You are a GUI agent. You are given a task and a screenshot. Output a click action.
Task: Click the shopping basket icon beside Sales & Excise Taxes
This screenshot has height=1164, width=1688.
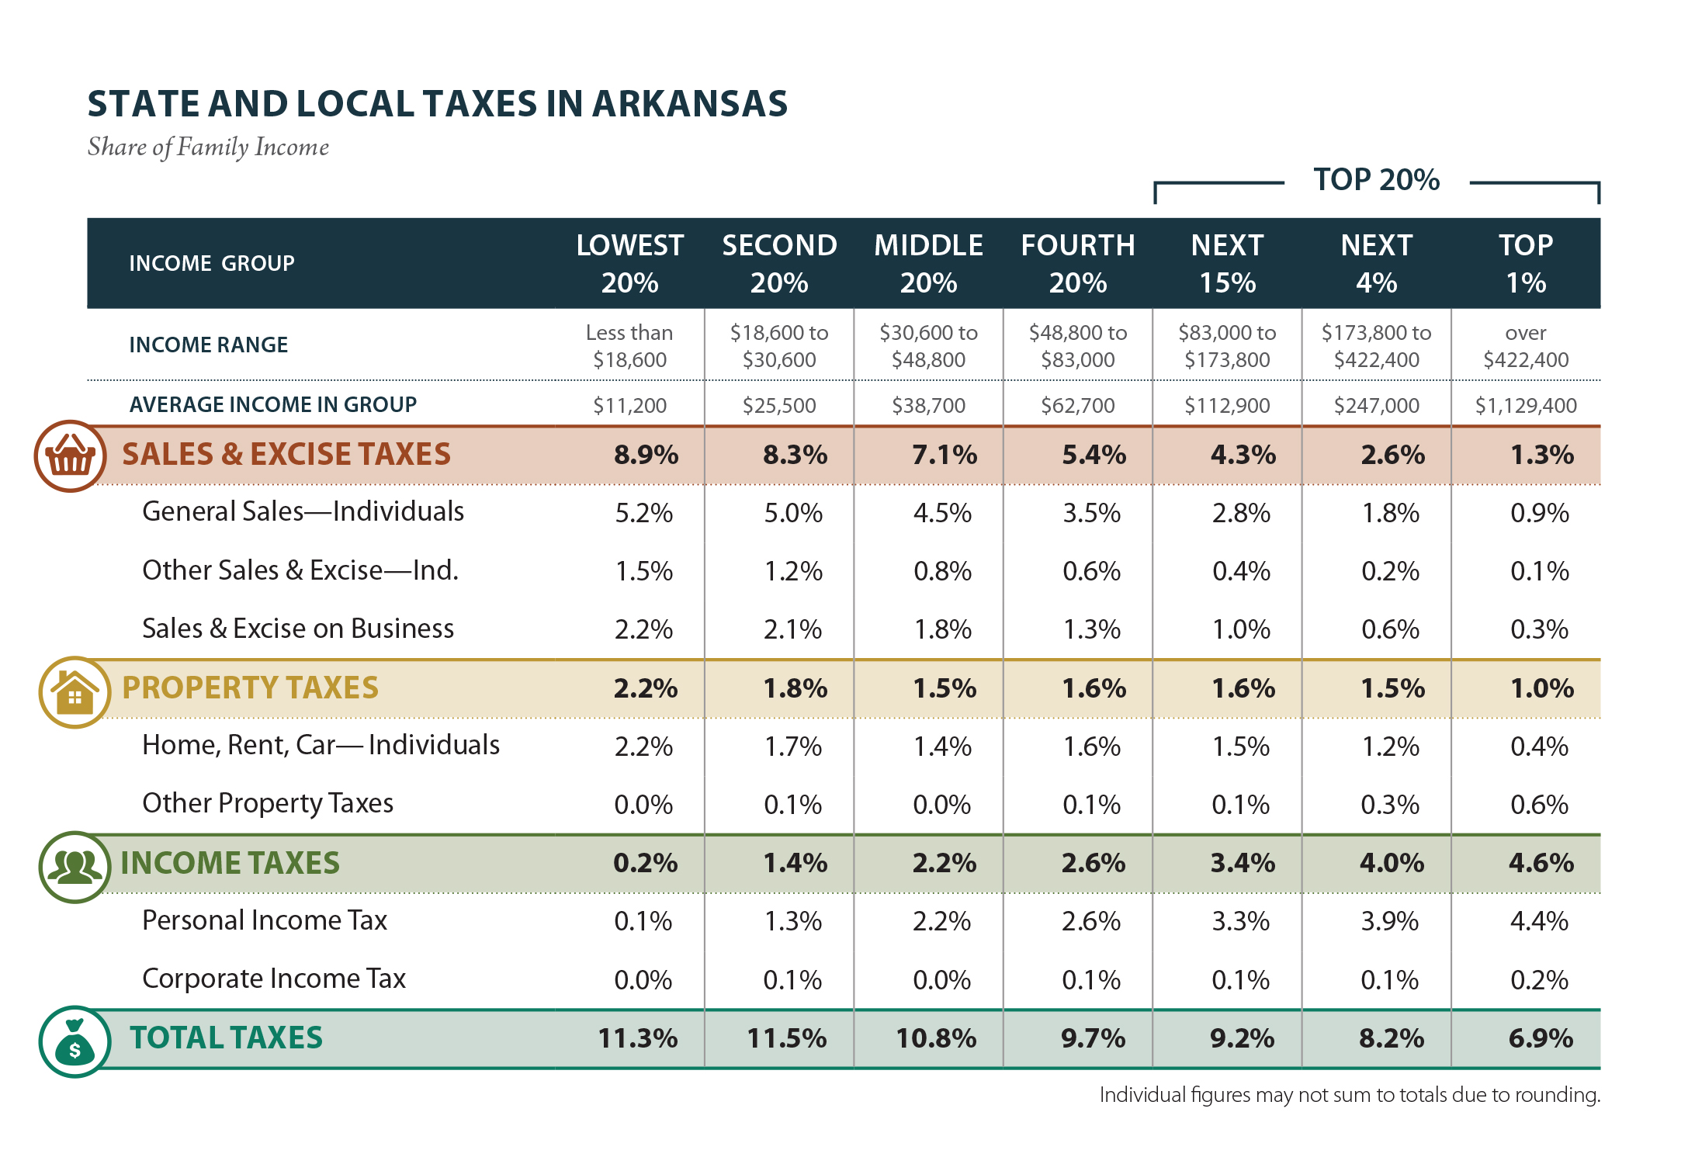coord(70,456)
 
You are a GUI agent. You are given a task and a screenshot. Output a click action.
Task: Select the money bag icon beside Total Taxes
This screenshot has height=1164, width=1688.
coord(75,1042)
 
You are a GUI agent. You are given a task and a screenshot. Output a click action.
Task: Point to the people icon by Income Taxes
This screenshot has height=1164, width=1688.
coord(75,867)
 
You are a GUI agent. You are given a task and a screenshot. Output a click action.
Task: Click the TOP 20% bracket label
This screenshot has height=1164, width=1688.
coord(1376,180)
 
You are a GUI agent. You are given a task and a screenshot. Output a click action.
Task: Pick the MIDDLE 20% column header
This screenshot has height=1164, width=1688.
coord(928,264)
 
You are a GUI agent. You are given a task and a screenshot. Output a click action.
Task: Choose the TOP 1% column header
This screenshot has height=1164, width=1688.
coord(1525,264)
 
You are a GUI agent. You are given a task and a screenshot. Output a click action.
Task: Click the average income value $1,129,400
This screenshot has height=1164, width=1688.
coord(1525,405)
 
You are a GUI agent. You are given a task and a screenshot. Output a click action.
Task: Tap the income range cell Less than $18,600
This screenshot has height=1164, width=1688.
coord(629,346)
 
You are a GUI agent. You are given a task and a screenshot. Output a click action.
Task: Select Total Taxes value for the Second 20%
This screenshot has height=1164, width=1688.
coord(786,1038)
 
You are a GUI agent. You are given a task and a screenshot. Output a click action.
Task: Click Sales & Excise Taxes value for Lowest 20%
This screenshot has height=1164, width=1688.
coord(646,455)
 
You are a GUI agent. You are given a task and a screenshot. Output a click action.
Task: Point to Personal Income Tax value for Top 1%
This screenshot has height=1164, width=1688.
coord(1539,921)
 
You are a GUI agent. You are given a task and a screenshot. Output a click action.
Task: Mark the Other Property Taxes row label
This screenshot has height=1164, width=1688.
coord(268,803)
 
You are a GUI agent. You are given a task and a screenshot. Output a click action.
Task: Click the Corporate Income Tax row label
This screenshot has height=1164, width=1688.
coord(274,979)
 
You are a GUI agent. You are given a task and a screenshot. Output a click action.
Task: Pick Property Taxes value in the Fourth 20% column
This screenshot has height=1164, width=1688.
coord(1094,688)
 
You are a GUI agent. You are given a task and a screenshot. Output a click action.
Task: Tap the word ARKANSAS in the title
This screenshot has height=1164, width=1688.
coord(690,104)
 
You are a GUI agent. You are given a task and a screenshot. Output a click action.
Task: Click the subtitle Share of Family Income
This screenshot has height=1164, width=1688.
coord(208,147)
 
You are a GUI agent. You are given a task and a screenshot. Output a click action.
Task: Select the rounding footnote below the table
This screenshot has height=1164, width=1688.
coord(1350,1095)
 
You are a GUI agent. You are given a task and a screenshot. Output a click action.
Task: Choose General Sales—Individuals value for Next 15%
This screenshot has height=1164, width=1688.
coord(1241,513)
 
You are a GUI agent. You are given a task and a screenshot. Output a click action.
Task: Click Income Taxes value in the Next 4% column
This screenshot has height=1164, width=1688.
coord(1392,863)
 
